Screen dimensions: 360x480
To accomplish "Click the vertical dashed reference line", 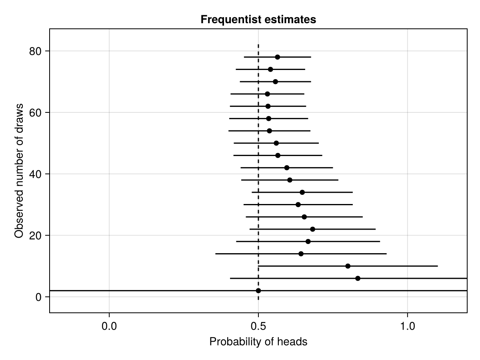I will [258, 160].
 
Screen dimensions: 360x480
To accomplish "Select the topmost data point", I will [277, 57].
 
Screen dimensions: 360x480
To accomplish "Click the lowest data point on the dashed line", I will [258, 291].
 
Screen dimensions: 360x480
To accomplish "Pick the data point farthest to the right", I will [358, 278].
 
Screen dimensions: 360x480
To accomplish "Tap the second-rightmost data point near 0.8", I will [348, 266].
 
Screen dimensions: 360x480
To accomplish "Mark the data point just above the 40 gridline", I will [287, 168].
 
